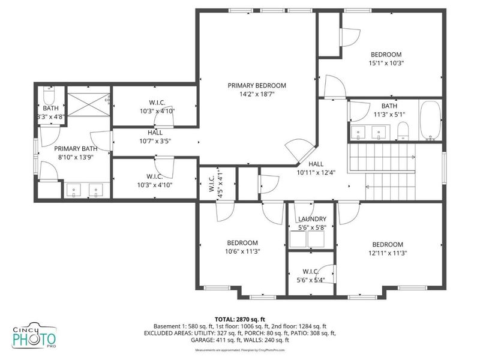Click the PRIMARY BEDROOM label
(x=257, y=86)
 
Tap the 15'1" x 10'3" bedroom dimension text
(x=385, y=62)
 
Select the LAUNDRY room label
(x=312, y=220)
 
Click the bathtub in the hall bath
(x=430, y=121)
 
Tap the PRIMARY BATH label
(x=76, y=148)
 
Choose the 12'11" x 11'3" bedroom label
(x=387, y=253)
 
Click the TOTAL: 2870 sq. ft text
(x=239, y=319)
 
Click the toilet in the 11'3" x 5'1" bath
(x=404, y=130)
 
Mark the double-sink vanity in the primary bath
(x=85, y=190)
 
